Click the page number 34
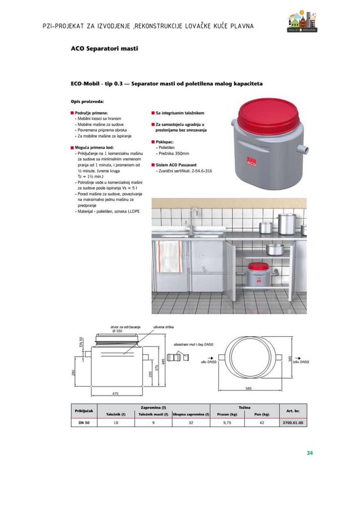[x=309, y=453]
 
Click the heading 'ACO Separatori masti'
[x=104, y=49]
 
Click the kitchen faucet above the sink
[x=194, y=217]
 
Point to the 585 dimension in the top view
[x=248, y=388]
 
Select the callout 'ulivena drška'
[x=156, y=327]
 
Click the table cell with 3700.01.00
[x=292, y=422]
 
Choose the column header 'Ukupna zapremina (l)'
[x=191, y=414]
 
